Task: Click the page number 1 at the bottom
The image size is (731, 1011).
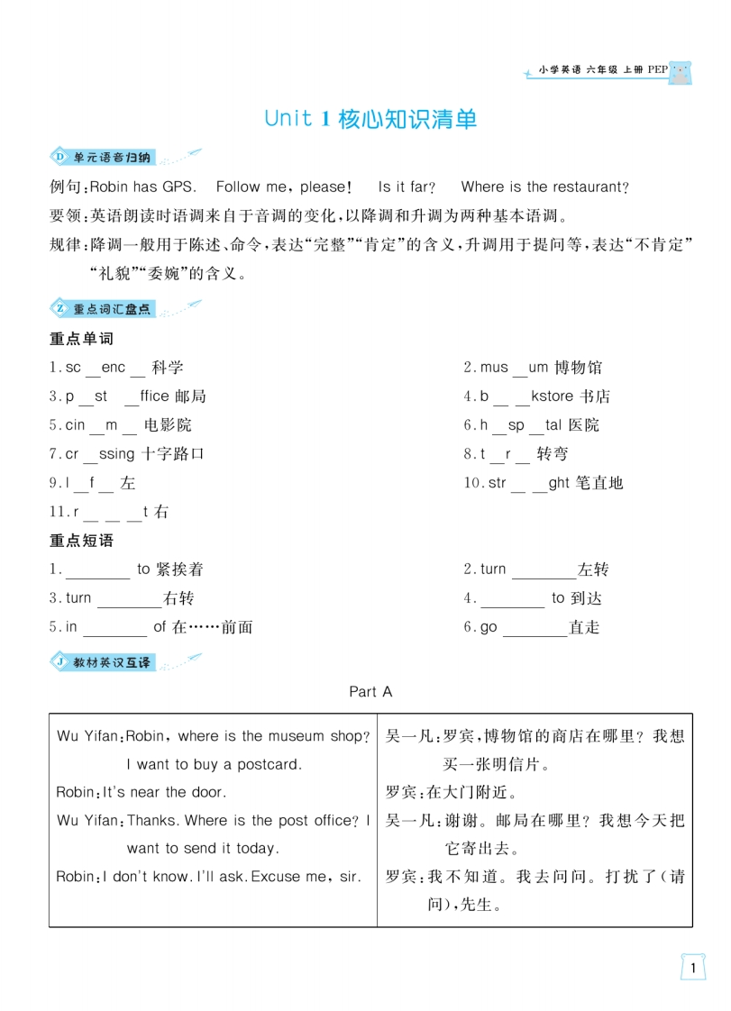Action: coord(691,968)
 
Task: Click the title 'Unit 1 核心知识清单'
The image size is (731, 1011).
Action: coord(370,119)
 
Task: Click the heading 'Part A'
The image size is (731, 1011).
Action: coord(370,691)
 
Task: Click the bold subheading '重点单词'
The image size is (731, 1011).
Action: coord(81,339)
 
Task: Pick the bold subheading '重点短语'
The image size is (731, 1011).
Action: coord(81,541)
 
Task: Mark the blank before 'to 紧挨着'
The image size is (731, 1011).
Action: coord(98,571)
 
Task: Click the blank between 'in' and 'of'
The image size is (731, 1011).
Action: coord(114,629)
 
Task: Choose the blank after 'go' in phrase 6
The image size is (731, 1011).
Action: coord(535,629)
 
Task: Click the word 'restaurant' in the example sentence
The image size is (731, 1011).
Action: coord(586,187)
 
